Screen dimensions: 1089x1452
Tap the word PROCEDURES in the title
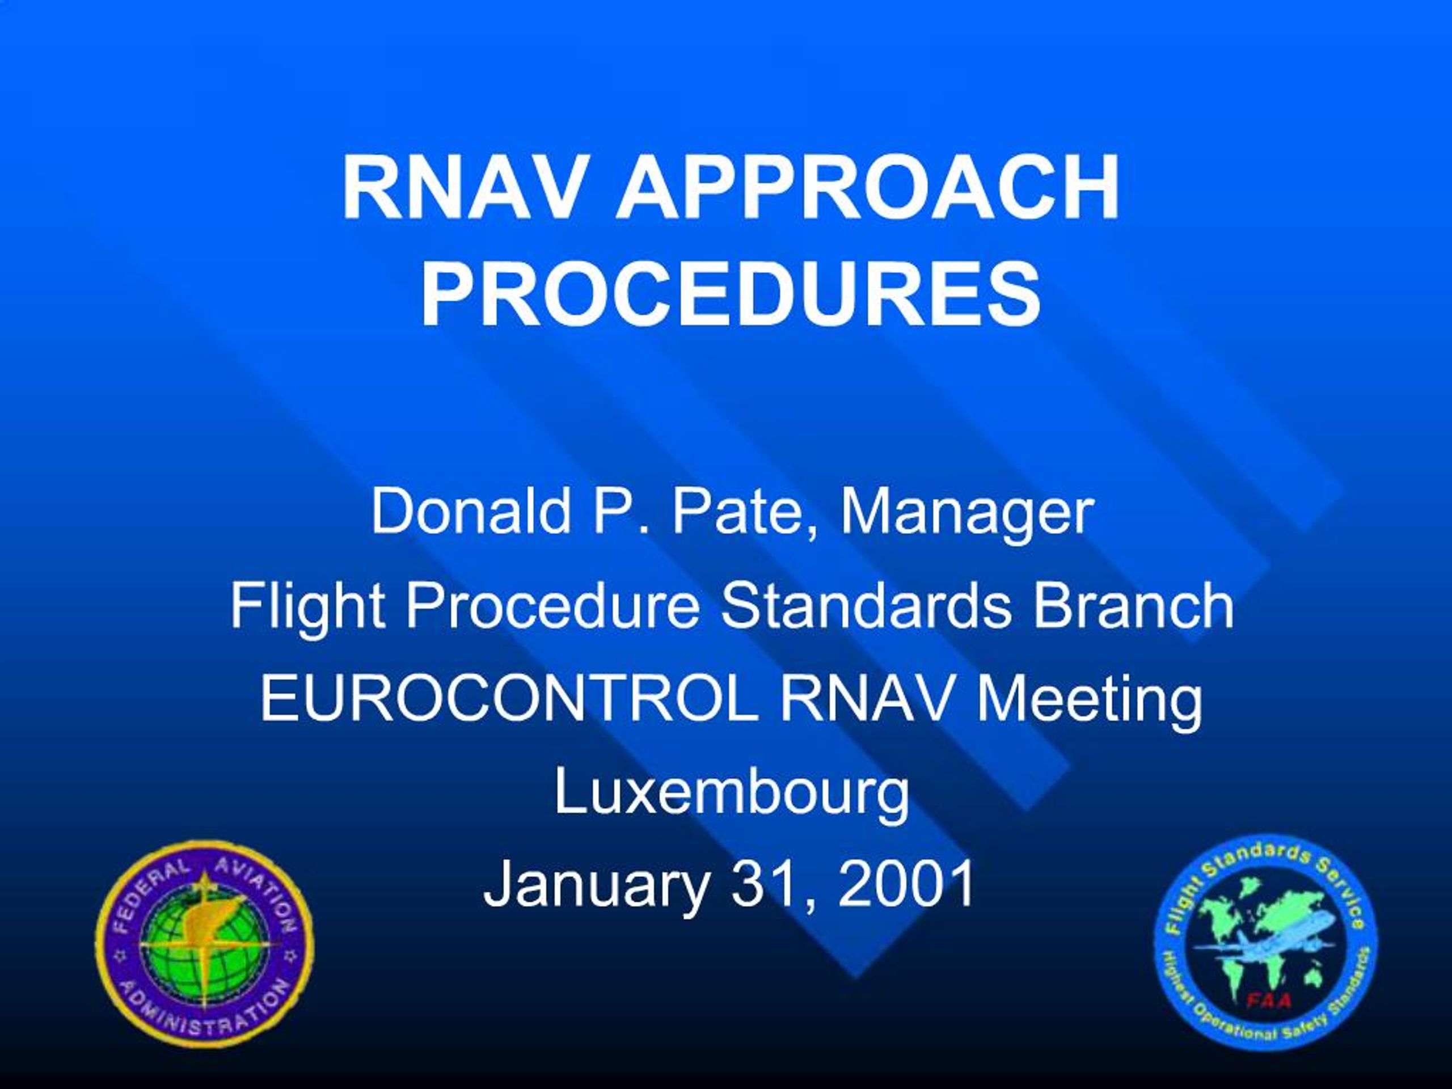[x=730, y=294]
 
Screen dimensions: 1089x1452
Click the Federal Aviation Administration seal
[x=204, y=950]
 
